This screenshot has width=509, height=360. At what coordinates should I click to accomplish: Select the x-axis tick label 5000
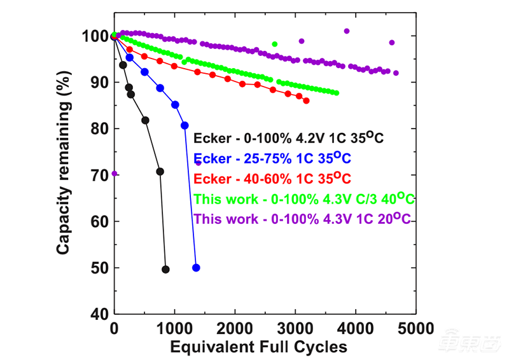(x=416, y=329)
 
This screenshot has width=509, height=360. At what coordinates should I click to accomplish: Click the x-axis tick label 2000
(x=235, y=329)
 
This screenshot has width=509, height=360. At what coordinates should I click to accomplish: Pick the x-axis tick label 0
(x=114, y=329)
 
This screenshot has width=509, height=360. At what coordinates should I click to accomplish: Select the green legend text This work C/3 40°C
(x=304, y=199)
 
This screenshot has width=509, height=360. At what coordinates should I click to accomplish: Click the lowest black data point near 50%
(x=165, y=270)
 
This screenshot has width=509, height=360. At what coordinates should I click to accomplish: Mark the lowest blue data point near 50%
(x=196, y=268)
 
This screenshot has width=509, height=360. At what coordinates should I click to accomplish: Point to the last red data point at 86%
(x=306, y=100)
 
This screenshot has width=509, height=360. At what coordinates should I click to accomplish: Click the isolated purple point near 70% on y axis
(x=114, y=173)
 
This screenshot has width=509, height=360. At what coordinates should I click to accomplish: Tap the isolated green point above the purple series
(x=275, y=44)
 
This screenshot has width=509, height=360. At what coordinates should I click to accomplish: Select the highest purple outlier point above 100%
(x=347, y=31)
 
